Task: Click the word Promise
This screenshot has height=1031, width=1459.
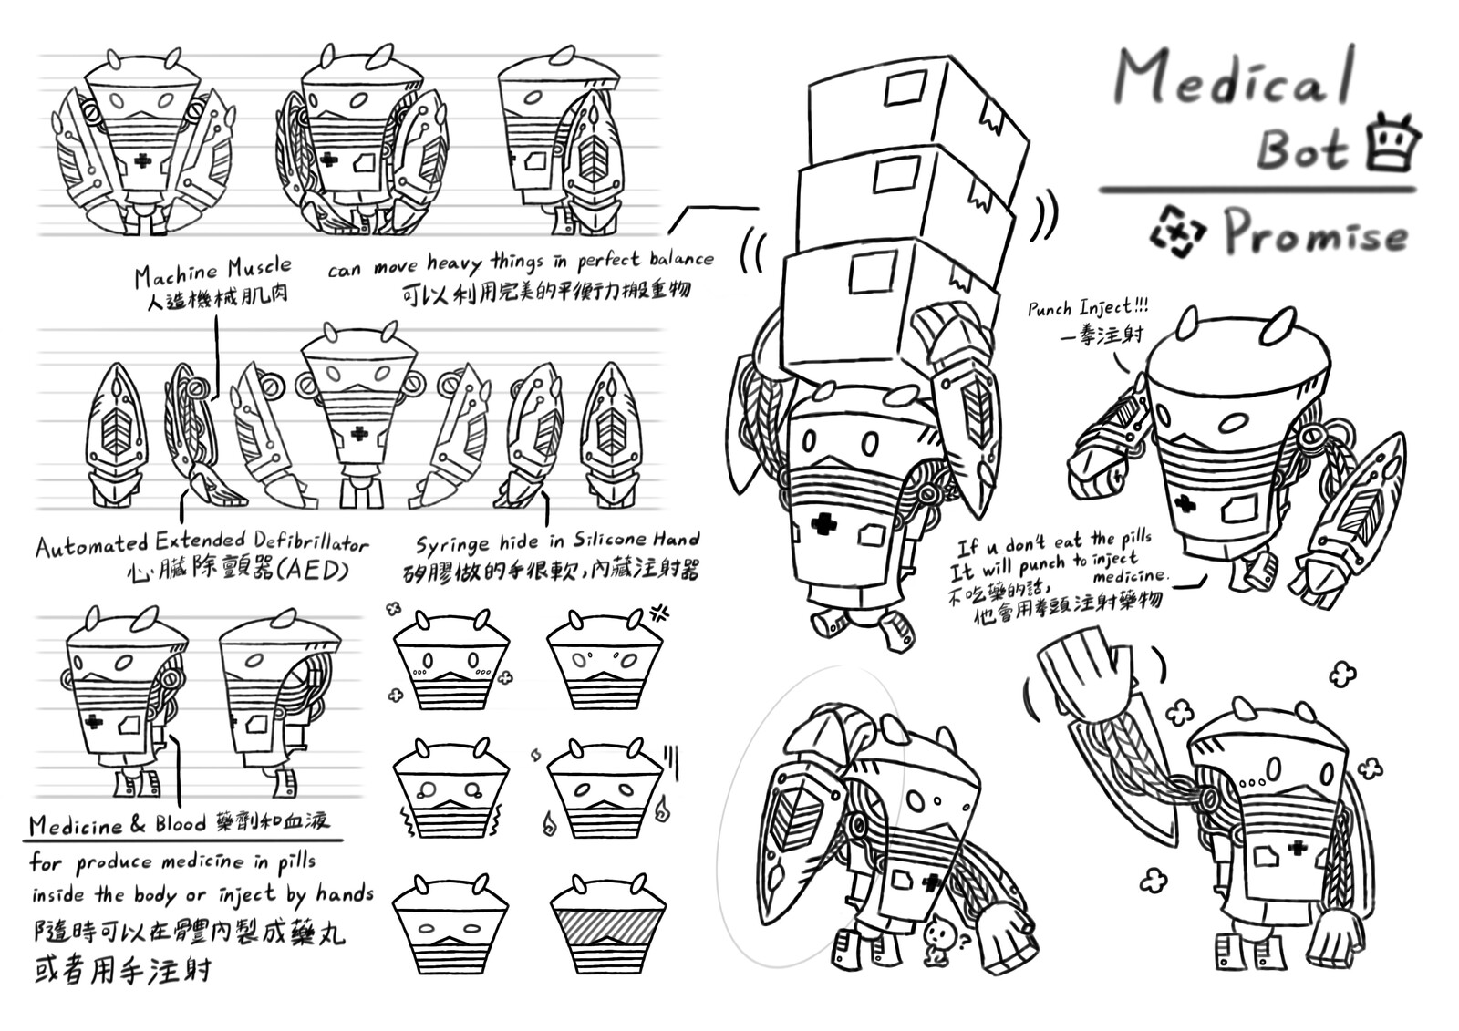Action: click(1314, 233)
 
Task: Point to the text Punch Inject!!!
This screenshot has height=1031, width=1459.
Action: click(1087, 307)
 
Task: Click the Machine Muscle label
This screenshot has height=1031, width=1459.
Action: click(212, 272)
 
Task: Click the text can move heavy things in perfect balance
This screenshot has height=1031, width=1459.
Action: click(520, 263)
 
